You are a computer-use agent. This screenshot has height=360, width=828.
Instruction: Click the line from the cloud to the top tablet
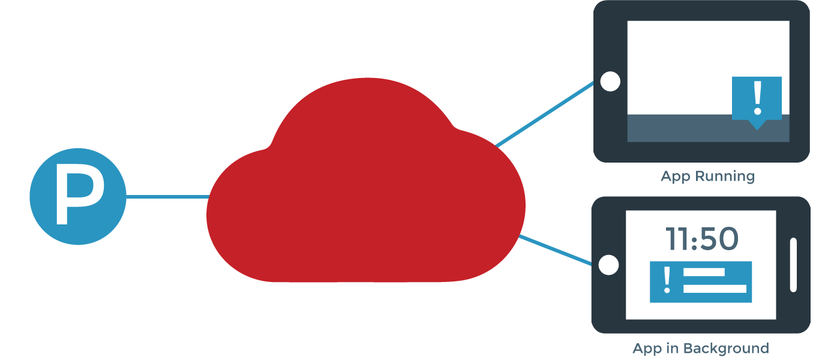[543, 115]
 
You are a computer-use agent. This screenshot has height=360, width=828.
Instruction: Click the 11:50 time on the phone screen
[702, 239]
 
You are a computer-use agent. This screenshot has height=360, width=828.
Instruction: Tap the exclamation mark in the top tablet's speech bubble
[757, 98]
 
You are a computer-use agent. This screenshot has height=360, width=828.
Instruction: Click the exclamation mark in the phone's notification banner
[667, 281]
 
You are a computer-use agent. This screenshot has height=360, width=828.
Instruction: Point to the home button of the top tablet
[610, 82]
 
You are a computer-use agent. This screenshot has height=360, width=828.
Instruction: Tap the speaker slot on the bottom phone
[793, 265]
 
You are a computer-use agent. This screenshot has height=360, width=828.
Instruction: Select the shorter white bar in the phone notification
[704, 272]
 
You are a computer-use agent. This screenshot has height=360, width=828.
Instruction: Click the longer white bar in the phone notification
[715, 289]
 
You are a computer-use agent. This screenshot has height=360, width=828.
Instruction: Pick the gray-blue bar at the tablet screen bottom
[678, 128]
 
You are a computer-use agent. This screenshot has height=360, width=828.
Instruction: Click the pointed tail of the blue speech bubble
[757, 124]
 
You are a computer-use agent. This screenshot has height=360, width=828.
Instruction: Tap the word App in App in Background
[647, 348]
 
